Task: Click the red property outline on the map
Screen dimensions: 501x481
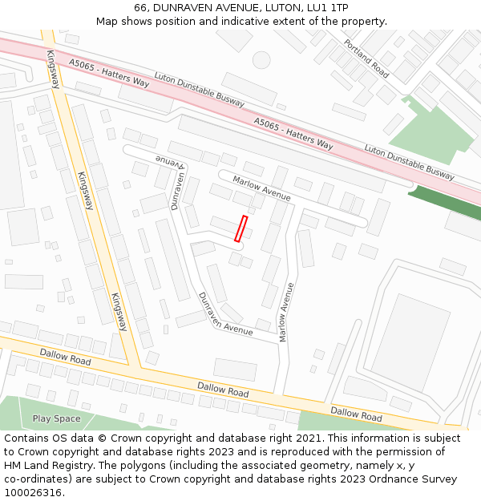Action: pyautogui.click(x=240, y=228)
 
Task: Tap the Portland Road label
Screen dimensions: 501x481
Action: pyautogui.click(x=366, y=59)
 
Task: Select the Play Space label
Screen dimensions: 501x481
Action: pyautogui.click(x=56, y=418)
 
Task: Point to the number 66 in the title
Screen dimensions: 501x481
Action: pyautogui.click(x=141, y=7)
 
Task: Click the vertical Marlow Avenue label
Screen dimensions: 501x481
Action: pyautogui.click(x=285, y=313)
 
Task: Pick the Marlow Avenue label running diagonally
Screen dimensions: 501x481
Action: pyautogui.click(x=261, y=188)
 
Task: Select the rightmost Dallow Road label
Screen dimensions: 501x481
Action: pyautogui.click(x=356, y=414)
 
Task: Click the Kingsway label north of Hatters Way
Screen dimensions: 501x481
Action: pyautogui.click(x=53, y=69)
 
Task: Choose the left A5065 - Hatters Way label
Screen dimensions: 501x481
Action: pyautogui.click(x=109, y=72)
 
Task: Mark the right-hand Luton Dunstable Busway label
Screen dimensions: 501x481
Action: pyautogui.click(x=409, y=163)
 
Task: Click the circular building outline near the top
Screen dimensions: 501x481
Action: pyautogui.click(x=261, y=59)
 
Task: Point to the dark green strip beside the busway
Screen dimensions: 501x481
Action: pyautogui.click(x=444, y=204)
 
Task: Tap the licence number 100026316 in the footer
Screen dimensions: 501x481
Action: pyautogui.click(x=33, y=492)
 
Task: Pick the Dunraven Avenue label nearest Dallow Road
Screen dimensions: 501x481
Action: pyautogui.click(x=225, y=313)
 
